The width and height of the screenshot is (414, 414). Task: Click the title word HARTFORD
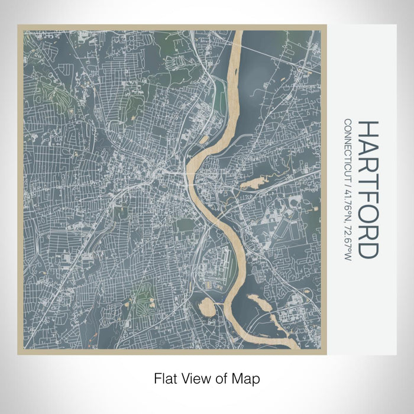tap(367, 190)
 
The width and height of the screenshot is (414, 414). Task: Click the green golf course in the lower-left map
tap(142, 299)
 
